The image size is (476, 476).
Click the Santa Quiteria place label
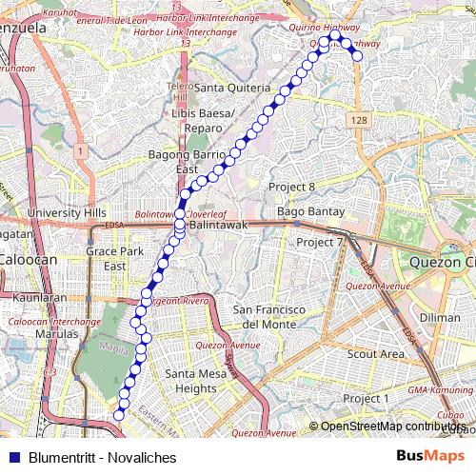coord(232,88)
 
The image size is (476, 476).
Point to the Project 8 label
coord(291,187)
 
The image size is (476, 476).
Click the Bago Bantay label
coord(303,210)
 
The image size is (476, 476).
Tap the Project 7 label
coord(319,243)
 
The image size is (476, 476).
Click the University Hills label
coord(67,212)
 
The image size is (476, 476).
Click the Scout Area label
coord(376,353)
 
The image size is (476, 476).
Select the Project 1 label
coord(367,398)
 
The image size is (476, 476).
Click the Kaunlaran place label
coord(39,298)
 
